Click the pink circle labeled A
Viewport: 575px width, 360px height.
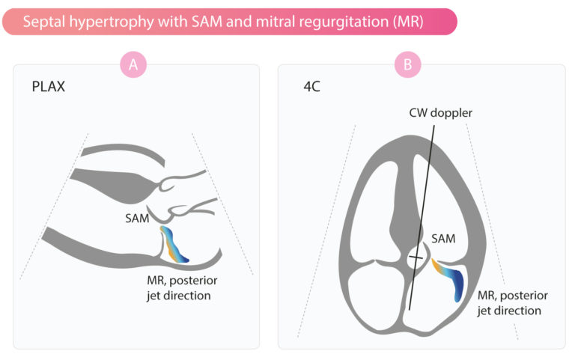tap(133, 65)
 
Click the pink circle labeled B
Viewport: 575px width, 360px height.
tap(408, 65)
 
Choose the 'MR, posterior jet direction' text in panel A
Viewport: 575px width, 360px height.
tap(179, 289)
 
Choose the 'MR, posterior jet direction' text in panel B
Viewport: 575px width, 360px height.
tap(508, 302)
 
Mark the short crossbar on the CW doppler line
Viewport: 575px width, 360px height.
tap(415, 259)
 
